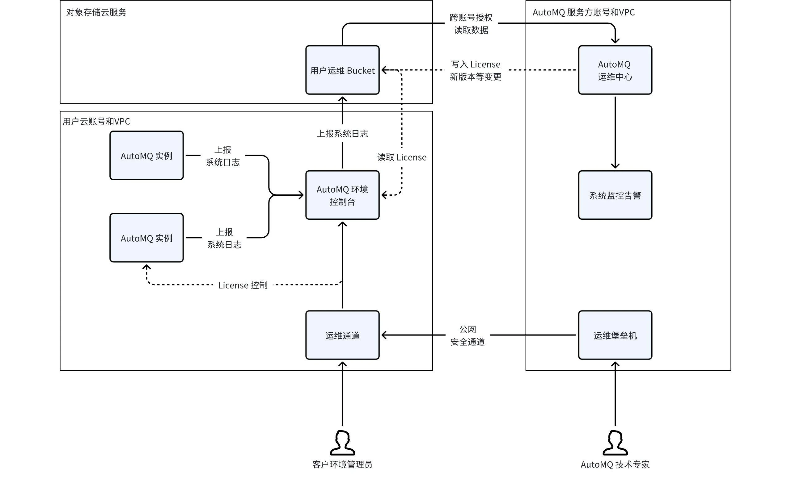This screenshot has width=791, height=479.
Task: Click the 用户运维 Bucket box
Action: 342,70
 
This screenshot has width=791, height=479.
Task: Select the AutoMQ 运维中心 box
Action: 615,70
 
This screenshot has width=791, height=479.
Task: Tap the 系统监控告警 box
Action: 615,195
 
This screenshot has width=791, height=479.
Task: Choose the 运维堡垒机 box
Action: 615,335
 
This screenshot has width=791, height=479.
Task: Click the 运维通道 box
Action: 342,335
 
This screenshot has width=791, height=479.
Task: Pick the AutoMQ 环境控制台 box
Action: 342,195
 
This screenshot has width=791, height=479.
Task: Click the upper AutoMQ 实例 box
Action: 146,156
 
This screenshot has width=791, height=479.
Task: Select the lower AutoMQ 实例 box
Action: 146,238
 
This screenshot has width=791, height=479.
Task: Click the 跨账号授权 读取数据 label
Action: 471,24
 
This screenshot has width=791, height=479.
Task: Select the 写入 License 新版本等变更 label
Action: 476,71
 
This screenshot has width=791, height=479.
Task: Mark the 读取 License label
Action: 402,157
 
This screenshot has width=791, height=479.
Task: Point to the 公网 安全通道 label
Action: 467,336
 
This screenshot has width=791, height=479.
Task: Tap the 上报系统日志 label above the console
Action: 342,134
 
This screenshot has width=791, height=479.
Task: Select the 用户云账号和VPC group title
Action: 96,122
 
